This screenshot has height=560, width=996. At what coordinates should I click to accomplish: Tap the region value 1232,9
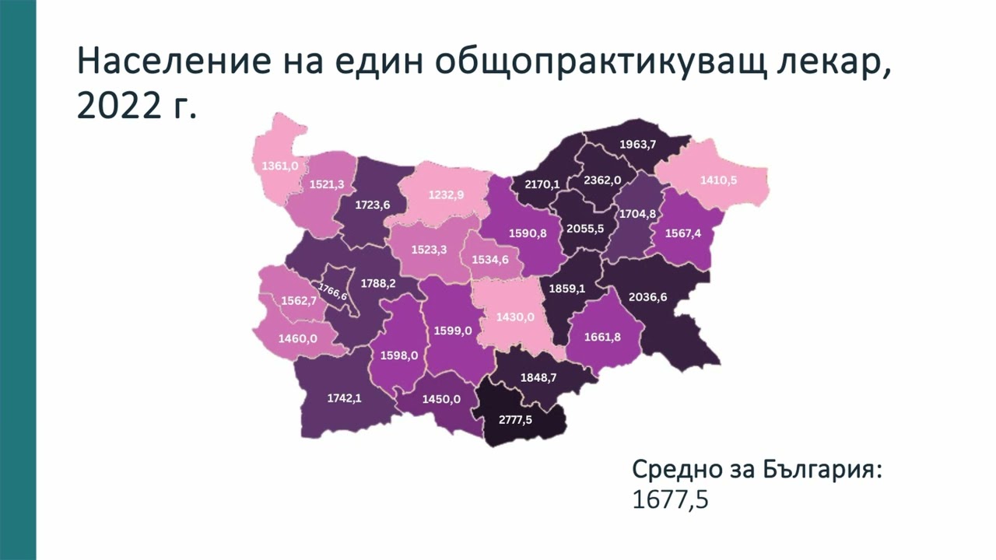click(446, 194)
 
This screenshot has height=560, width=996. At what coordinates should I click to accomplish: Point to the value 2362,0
click(602, 180)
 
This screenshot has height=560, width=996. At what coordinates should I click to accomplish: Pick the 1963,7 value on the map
click(637, 144)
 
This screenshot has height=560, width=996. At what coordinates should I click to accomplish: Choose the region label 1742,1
click(344, 397)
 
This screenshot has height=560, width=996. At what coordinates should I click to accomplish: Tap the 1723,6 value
click(372, 205)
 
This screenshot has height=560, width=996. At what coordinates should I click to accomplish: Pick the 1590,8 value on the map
click(527, 233)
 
